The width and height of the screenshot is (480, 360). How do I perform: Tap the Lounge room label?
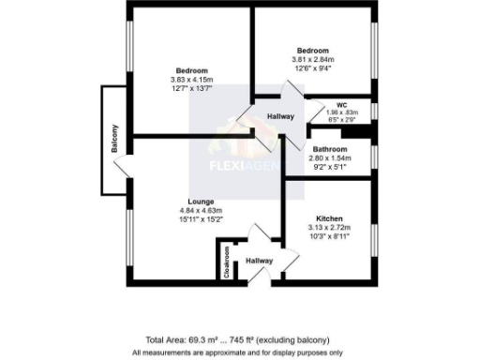click(x=201, y=202)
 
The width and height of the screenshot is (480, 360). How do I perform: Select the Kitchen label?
click(x=329, y=217)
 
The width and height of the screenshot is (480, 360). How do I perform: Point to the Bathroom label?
click(x=330, y=149)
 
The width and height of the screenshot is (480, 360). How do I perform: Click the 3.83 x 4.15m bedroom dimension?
click(x=191, y=80)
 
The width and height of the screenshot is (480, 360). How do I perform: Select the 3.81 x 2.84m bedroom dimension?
click(x=313, y=60)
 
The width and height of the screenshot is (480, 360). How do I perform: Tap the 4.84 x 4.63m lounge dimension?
click(x=201, y=211)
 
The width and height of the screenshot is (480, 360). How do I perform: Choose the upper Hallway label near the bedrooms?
click(x=281, y=116)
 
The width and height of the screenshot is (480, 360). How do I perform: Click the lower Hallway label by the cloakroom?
click(x=259, y=262)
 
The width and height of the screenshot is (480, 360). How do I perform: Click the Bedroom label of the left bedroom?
click(x=191, y=70)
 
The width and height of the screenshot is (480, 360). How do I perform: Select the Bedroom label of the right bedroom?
click(x=313, y=51)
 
